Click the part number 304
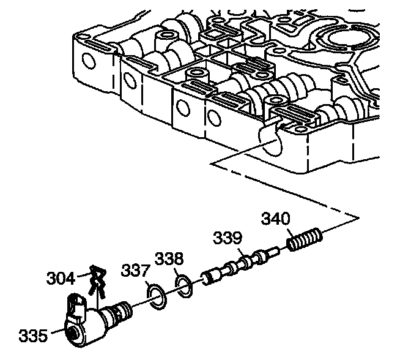click(61, 279)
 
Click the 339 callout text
click(228, 238)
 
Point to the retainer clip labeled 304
click(95, 280)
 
